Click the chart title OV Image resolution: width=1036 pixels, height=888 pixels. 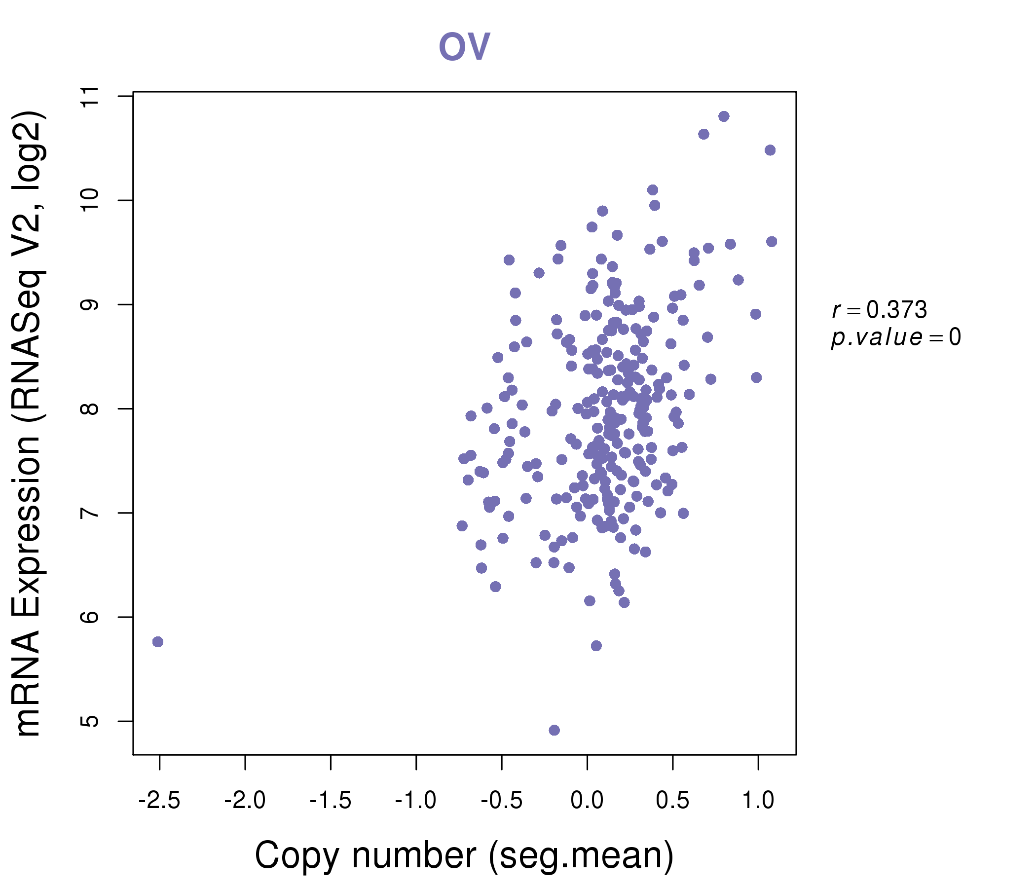coord(464,47)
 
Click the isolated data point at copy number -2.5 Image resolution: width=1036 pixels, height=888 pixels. coord(157,641)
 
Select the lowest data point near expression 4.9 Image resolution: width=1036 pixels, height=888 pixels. coord(554,730)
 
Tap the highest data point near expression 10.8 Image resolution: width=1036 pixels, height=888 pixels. coord(724,116)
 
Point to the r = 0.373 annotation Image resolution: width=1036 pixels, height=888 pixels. coord(879,310)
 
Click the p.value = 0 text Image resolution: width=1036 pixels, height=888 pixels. coord(895,337)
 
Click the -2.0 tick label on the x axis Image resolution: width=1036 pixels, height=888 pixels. coord(245,801)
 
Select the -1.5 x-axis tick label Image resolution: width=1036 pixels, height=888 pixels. coord(331,801)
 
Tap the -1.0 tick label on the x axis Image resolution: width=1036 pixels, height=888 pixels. coord(416,801)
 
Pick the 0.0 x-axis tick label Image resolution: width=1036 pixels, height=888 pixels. coord(587,801)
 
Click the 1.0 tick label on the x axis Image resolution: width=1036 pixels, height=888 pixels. coord(758,801)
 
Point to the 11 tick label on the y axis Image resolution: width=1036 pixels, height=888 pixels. coord(90,97)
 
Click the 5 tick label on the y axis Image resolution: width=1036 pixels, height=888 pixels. coord(90,721)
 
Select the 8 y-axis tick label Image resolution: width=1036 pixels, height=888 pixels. coord(90,408)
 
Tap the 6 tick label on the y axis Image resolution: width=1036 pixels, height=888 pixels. coord(90,617)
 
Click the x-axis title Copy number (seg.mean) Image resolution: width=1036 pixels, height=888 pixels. coord(464,855)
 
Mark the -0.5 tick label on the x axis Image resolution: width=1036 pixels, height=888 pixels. coord(502,801)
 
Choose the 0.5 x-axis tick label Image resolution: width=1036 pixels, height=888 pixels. coord(672,801)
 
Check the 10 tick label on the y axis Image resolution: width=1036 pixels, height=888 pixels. coord(90,200)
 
